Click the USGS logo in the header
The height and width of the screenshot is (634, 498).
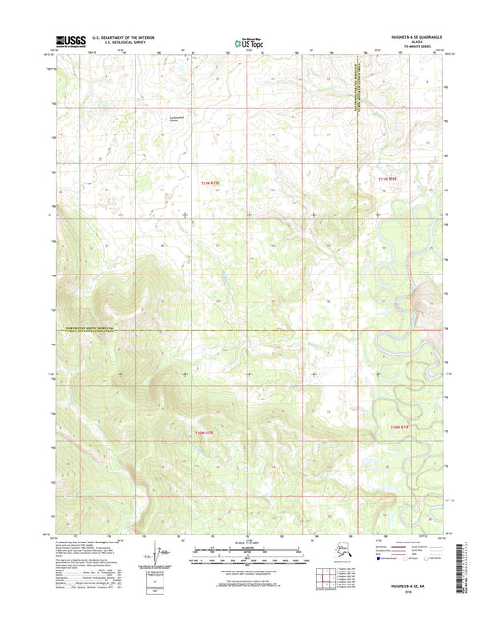[x=71, y=40]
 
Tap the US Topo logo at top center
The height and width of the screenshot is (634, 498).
[x=249, y=41]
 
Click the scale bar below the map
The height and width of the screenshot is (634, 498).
[x=249, y=553]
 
